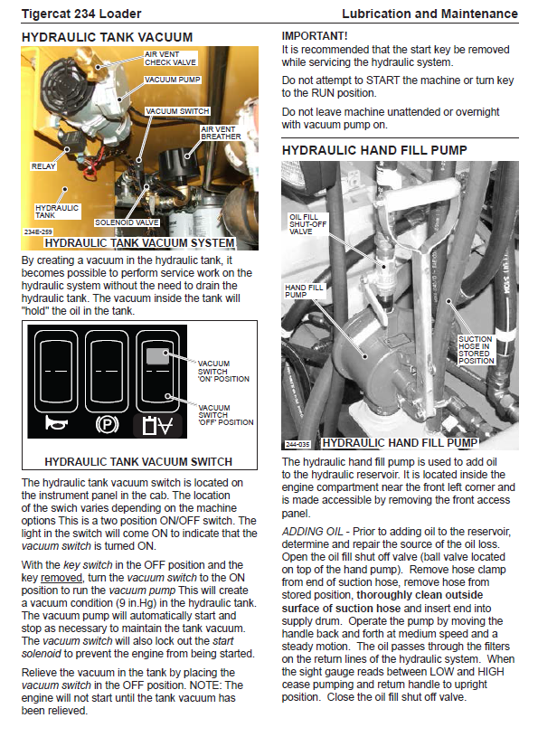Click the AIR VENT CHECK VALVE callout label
(x=170, y=58)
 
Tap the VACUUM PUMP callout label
(x=173, y=80)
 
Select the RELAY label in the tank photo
(x=43, y=166)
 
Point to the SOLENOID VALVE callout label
(x=127, y=222)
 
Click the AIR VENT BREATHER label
(x=221, y=133)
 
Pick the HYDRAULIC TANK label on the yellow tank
(x=57, y=212)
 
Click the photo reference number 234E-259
(x=38, y=231)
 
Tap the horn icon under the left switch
(x=56, y=423)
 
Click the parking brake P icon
(x=107, y=425)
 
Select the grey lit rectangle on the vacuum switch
(x=157, y=356)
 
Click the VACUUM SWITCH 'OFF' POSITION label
(x=225, y=415)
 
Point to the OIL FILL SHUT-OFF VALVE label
(x=307, y=224)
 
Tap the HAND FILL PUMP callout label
(x=304, y=291)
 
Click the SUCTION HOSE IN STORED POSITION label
(x=476, y=350)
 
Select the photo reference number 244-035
(x=297, y=444)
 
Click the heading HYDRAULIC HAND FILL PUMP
(x=374, y=150)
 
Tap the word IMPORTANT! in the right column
(x=315, y=36)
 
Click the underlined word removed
(x=61, y=578)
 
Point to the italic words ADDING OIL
(x=313, y=532)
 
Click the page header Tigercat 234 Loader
(x=81, y=14)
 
